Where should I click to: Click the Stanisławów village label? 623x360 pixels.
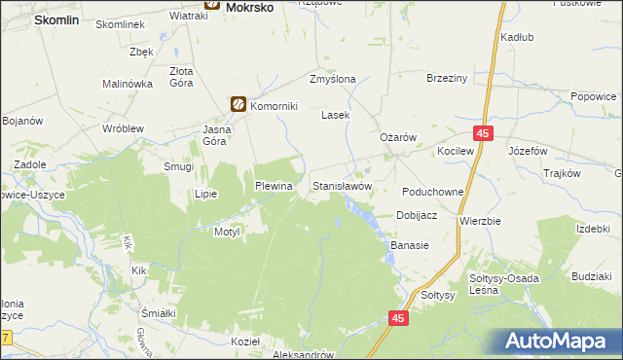[342, 185]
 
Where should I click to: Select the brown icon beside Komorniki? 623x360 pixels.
[238, 104]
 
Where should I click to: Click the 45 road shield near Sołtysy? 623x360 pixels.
[398, 318]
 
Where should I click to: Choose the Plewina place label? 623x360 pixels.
[274, 185]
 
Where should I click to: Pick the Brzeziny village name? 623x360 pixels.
[448, 80]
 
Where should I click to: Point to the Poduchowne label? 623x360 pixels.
[432, 193]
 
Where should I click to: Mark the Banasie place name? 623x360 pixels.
[410, 246]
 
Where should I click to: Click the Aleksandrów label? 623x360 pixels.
[307, 355]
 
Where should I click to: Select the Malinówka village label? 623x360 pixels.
[128, 85]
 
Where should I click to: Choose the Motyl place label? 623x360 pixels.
[226, 233]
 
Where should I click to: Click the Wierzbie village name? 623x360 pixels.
[480, 221]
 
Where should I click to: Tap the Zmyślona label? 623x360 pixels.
[332, 80]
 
